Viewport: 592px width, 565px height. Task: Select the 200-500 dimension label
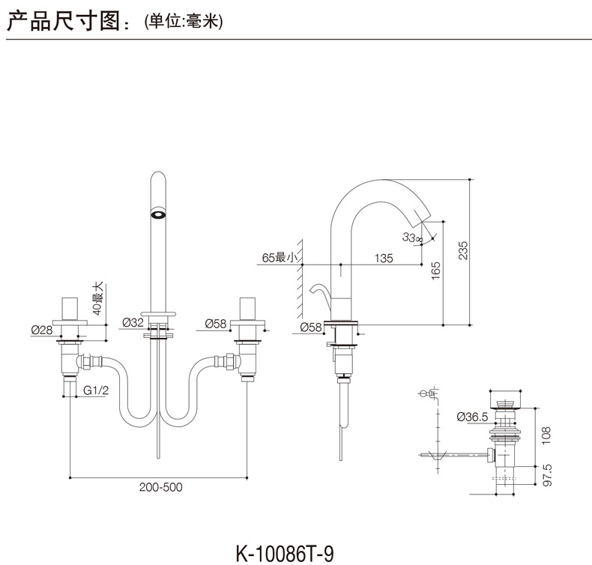[160, 487]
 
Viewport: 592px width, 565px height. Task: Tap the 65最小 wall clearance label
[280, 259]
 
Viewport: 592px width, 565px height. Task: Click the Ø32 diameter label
[133, 323]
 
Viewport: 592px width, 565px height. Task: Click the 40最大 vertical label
[96, 297]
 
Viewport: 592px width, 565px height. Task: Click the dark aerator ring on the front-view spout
[158, 213]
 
